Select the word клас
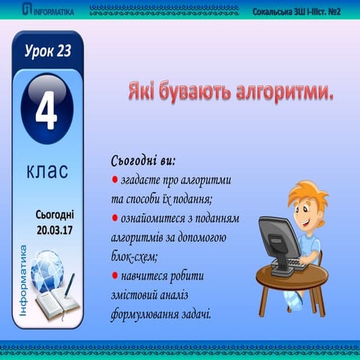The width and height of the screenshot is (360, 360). pos(46,171)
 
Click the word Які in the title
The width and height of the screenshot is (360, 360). pos(141,93)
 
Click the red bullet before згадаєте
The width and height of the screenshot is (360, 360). pos(115,181)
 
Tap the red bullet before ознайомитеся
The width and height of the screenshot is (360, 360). pos(115,218)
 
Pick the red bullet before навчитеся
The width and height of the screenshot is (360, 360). pos(115,276)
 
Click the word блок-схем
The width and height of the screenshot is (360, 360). pos(134,256)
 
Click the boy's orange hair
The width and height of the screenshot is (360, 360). pos(304,190)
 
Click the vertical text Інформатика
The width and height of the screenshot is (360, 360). pos(22,277)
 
